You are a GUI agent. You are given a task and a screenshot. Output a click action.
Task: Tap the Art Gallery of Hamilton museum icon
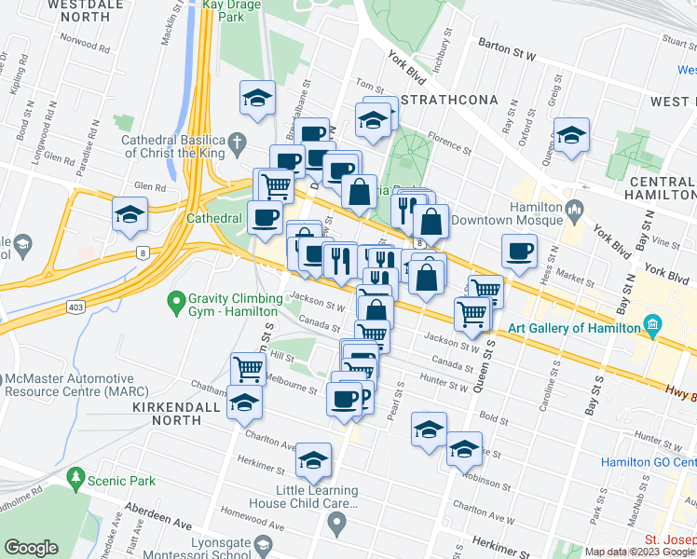[x=652, y=327]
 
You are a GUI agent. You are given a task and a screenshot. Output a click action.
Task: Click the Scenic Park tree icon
[x=75, y=479]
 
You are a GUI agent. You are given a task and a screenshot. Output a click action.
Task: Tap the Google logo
[x=31, y=548]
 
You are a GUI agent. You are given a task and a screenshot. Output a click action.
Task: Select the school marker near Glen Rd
[x=130, y=213]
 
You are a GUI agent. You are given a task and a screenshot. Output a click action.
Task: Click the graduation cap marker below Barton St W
[x=571, y=134]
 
